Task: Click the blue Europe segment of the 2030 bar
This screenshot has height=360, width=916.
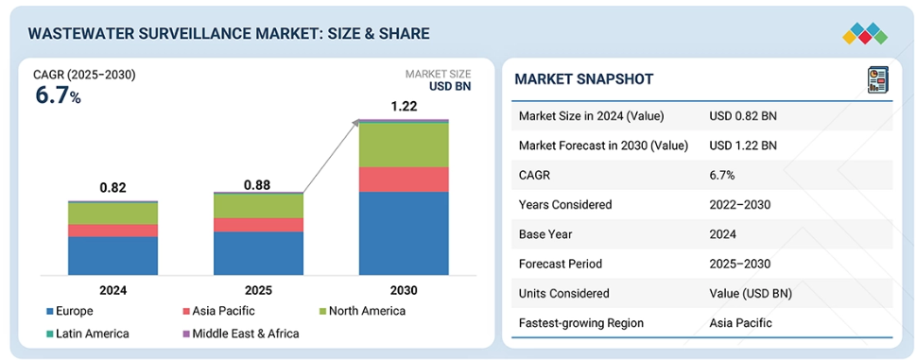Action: tap(404, 233)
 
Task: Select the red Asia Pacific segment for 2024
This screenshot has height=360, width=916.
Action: tap(112, 231)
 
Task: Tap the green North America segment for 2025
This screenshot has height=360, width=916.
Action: tap(258, 206)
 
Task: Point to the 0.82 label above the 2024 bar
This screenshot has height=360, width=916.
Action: tap(112, 188)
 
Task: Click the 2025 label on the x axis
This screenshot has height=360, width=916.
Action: tap(258, 290)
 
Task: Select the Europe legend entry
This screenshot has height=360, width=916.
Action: tap(70, 311)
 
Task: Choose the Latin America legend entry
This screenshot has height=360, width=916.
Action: tap(88, 334)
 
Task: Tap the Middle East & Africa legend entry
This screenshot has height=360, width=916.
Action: tap(241, 334)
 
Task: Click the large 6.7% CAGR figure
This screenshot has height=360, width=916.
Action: tap(58, 95)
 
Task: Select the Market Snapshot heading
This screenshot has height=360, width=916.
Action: tap(583, 79)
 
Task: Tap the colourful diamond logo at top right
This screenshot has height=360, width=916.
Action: tap(865, 33)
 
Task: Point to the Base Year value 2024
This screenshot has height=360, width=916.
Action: tap(722, 234)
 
